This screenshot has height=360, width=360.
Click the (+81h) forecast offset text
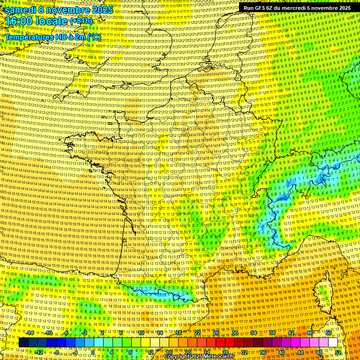coord(82,21)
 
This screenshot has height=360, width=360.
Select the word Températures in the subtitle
coord(29,37)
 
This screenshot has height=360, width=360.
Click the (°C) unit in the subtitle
coord(94,37)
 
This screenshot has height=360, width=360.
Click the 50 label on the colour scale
coord(329,333)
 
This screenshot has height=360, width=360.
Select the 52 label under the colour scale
coord(338,352)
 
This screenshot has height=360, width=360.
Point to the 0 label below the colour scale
coord(93,352)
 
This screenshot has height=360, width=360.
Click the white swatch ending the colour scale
coord(333,343)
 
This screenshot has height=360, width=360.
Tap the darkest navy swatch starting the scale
coord(23,343)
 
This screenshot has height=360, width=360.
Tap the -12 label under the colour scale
coord(39,352)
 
